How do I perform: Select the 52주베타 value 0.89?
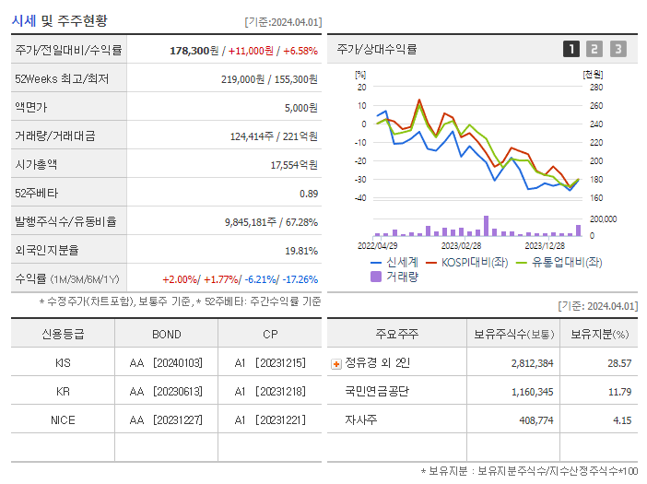point(308,193)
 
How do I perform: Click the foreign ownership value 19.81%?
point(300,250)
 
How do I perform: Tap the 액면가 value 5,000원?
point(300,108)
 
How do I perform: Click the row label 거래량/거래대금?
point(55,136)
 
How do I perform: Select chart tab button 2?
point(594,49)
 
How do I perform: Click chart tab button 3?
point(618,49)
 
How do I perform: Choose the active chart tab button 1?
point(571,49)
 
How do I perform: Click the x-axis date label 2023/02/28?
point(461,245)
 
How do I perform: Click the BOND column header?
point(167,334)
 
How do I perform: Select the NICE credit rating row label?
point(63,419)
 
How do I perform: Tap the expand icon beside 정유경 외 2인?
point(335,363)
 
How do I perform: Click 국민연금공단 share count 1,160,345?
point(532,392)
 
